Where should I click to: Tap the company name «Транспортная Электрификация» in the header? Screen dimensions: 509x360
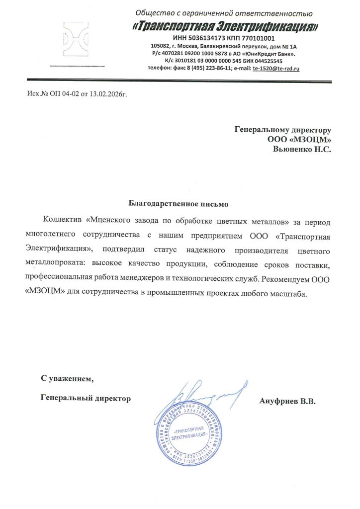226,26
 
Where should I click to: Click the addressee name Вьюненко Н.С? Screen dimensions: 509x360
302,148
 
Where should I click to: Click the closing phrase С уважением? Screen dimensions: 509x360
67,379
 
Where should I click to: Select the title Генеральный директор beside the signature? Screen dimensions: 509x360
86,398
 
